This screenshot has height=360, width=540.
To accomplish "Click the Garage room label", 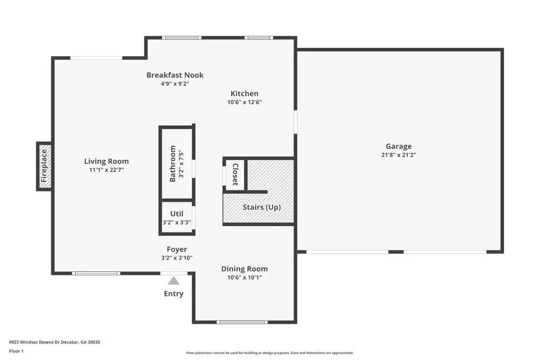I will [x=399, y=146].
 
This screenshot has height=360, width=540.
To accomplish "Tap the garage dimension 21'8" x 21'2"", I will [x=399, y=154].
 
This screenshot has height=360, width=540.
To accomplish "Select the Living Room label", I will [x=106, y=161].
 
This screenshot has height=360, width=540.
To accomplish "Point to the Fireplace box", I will [x=44, y=166].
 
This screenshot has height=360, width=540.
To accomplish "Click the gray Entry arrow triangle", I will [x=173, y=281].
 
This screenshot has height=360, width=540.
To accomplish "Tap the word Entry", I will [x=173, y=294].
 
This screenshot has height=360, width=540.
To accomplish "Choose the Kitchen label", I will [x=245, y=93].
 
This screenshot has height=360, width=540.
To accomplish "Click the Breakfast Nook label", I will [x=175, y=75].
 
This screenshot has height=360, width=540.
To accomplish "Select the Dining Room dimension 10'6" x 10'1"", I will [x=245, y=277].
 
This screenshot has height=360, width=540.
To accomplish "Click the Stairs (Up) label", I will [x=261, y=207].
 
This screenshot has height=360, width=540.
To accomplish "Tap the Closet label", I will [x=235, y=174].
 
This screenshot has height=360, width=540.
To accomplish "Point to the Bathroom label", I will [x=173, y=163].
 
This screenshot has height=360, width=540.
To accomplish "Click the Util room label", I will [x=177, y=214].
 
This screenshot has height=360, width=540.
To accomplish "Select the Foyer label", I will [x=177, y=249].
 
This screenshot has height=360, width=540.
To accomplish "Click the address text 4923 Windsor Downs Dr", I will [x=55, y=342].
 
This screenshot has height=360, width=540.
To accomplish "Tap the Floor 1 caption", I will [x=16, y=351].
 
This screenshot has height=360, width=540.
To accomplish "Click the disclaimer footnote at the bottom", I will [x=270, y=352].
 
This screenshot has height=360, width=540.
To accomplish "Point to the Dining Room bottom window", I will [x=241, y=322].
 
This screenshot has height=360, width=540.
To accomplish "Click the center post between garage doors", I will [x=396, y=252].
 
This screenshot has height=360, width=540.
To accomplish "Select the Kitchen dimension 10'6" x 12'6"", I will [x=245, y=101].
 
